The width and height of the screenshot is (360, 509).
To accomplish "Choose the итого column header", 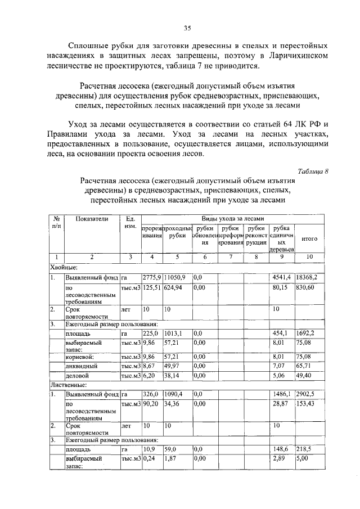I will (x=309, y=238).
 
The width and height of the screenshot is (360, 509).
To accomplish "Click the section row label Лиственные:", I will (x=69, y=385).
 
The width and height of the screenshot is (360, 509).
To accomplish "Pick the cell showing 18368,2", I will (x=307, y=278).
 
